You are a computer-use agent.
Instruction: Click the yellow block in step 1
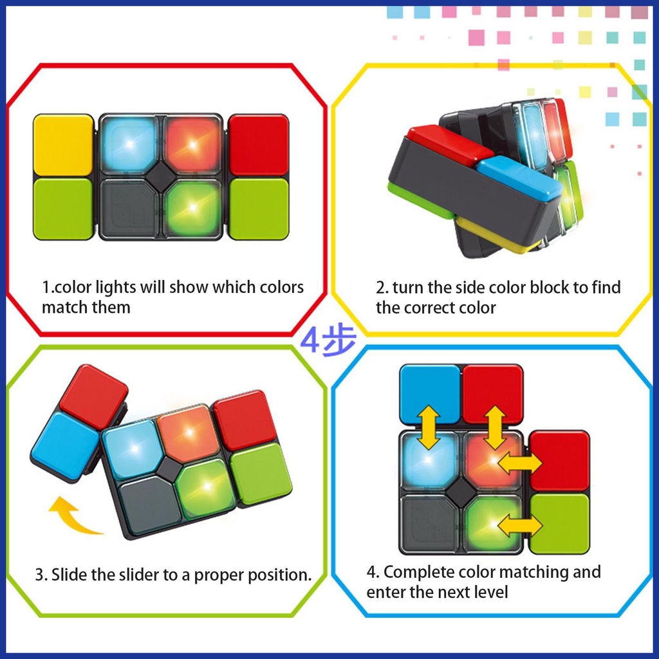click(63, 145)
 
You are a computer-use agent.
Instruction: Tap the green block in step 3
click(260, 473)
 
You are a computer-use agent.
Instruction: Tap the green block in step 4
click(559, 524)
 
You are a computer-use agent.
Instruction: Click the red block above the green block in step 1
click(259, 145)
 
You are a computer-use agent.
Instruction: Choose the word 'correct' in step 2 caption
click(438, 308)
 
